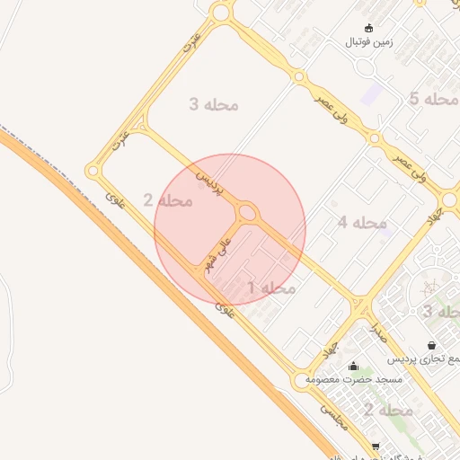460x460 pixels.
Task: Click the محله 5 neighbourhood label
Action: click(x=433, y=99)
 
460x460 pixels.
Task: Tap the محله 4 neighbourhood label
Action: click(x=362, y=222)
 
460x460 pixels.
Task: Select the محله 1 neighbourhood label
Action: click(x=271, y=287)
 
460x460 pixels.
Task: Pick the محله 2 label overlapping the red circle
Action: click(x=168, y=199)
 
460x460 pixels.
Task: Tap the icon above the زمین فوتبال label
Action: click(x=368, y=28)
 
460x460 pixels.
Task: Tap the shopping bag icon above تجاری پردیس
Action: click(x=432, y=345)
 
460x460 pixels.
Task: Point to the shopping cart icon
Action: click(x=375, y=447)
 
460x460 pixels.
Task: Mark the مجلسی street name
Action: click(x=334, y=415)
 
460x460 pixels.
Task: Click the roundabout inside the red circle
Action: click(x=247, y=213)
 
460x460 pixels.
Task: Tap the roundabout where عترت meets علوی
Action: click(x=93, y=171)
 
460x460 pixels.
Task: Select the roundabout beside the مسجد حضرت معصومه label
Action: click(x=300, y=381)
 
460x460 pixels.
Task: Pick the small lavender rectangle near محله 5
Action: click(x=370, y=93)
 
